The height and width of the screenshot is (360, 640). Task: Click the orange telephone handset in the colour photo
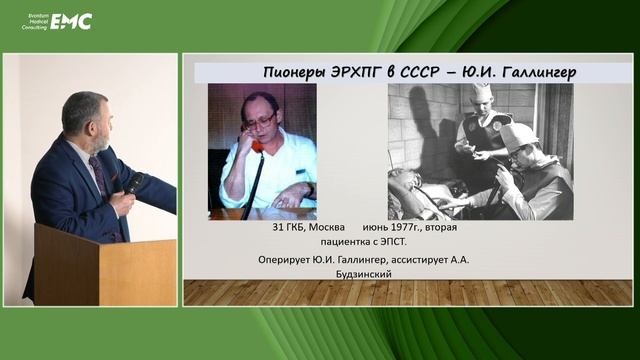(x=257, y=146)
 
